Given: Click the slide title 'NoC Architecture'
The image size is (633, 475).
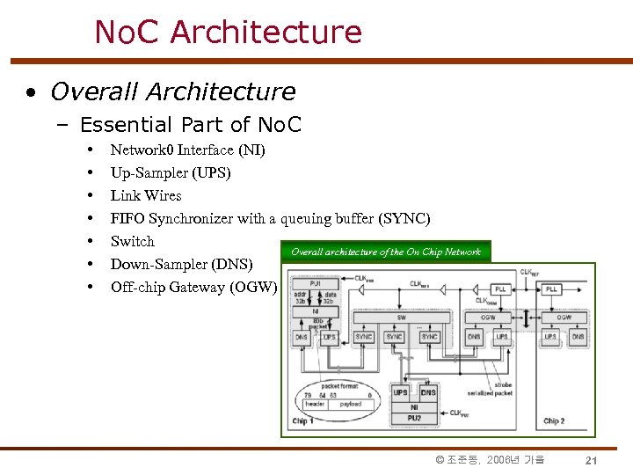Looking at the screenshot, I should [228, 33].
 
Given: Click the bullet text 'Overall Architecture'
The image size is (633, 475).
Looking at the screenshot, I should [172, 91].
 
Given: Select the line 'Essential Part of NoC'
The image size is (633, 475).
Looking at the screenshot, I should [190, 125].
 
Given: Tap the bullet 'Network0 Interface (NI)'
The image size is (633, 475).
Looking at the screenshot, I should [187, 150].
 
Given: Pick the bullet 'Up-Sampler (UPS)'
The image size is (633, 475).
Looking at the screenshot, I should [171, 172].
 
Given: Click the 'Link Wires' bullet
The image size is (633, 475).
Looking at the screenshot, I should [146, 195].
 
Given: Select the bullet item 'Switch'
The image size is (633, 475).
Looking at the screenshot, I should [132, 241].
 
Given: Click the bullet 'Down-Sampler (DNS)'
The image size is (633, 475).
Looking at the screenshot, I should [181, 264].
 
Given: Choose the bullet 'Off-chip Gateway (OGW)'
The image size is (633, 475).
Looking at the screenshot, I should [193, 287].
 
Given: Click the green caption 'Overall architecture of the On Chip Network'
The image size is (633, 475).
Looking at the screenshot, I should [385, 252].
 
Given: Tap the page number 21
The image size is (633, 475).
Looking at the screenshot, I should [592, 461].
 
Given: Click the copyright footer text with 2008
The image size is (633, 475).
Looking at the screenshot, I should [490, 460].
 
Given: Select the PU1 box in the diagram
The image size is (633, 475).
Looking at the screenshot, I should [314, 284].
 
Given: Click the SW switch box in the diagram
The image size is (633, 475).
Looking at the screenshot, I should [403, 318].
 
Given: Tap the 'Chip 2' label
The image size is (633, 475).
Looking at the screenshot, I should [554, 421].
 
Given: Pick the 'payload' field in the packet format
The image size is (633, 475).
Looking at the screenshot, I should [351, 405].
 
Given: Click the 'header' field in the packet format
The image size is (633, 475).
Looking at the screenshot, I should [316, 405].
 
